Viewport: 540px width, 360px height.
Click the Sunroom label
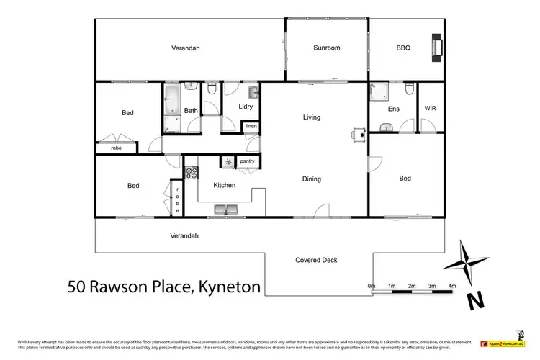(326, 48)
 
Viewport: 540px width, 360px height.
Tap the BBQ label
(403, 48)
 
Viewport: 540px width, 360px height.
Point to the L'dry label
(246, 107)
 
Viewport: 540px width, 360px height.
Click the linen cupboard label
(251, 127)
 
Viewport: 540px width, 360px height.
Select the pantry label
(248, 161)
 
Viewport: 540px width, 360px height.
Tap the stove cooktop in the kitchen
(192, 173)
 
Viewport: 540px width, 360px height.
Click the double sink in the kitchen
(225, 210)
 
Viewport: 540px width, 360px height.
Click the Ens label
(393, 109)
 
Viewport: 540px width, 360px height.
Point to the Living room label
(311, 117)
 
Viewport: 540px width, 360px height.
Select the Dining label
(311, 179)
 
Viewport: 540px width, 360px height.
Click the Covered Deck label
(316, 260)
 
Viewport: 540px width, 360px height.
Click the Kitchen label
(224, 185)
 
